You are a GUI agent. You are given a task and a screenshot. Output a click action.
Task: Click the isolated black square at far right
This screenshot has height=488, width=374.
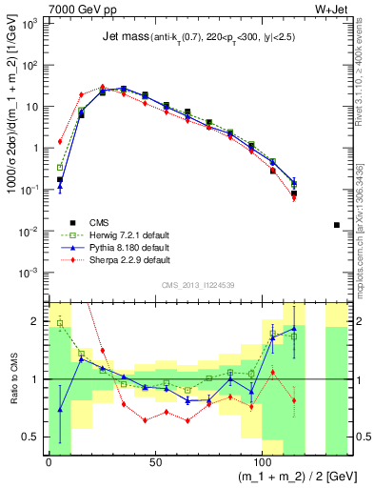pos(337,225)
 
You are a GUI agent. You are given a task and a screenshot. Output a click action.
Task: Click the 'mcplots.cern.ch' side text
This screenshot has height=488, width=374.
pos(365,253)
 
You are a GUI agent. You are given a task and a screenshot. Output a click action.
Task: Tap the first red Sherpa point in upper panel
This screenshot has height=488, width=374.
pos(60,141)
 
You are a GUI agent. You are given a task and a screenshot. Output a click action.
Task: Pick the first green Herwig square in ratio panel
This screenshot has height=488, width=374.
pos(60,323)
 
